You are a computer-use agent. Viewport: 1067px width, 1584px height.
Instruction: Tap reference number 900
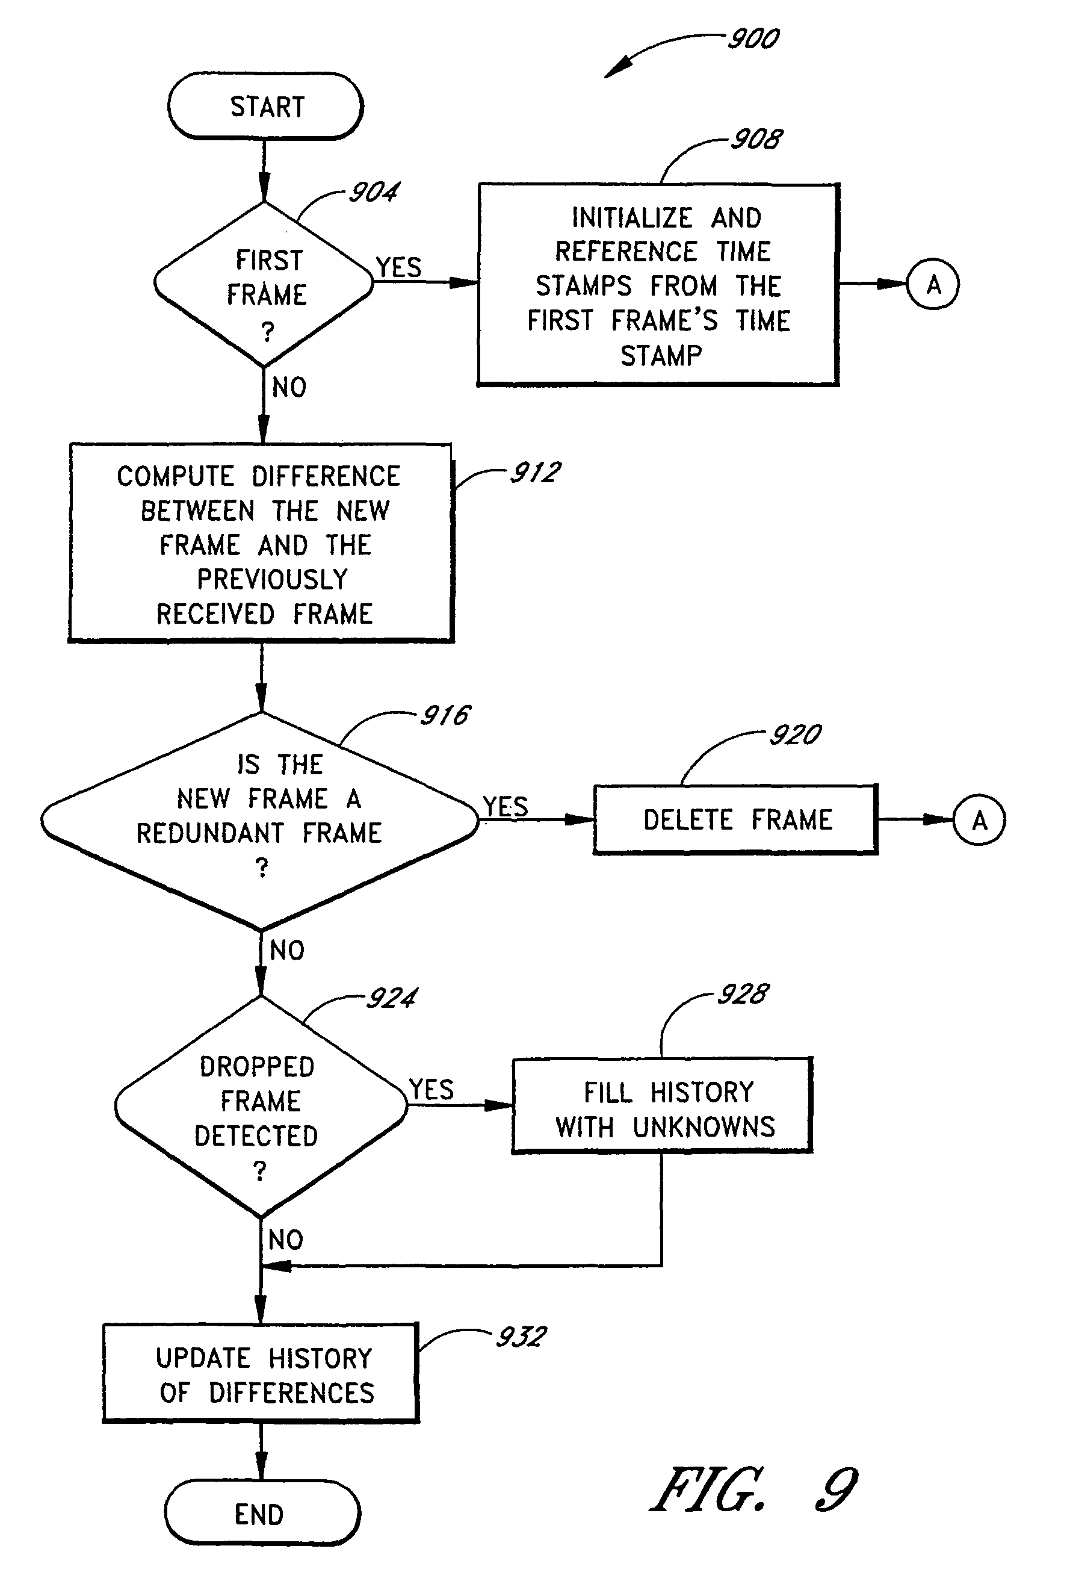(x=753, y=39)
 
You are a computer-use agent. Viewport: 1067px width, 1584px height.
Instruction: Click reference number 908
(x=756, y=140)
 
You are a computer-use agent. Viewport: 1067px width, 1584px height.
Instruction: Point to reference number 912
(x=536, y=473)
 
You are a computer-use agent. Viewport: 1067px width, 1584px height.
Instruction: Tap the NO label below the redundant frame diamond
(x=287, y=950)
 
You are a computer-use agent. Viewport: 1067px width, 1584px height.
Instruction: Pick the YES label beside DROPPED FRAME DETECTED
(x=431, y=1090)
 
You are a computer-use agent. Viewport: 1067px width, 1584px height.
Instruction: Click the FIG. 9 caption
(x=754, y=1489)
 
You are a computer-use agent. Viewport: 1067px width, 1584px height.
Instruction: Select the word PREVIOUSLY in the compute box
(x=272, y=579)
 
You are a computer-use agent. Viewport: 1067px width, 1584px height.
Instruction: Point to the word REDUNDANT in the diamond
(x=210, y=833)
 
